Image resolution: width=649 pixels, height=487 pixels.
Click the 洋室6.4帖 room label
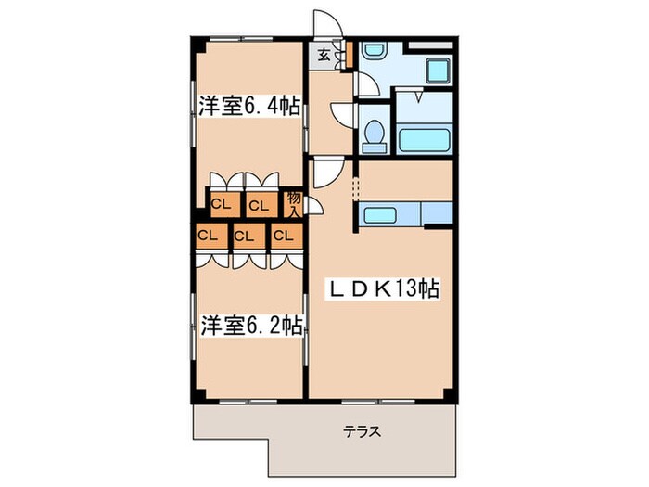[248, 107]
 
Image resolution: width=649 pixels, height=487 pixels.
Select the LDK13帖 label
[380, 289]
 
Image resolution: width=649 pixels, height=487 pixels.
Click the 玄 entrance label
[324, 55]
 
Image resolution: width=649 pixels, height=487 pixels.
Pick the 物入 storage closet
[294, 202]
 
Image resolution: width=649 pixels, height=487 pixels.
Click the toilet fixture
[375, 135]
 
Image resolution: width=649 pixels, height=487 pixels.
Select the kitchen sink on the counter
[383, 215]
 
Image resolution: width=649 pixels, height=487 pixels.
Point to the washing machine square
[435, 70]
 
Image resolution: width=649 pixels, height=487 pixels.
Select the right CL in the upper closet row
[260, 203]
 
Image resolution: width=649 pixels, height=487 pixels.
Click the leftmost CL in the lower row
[208, 235]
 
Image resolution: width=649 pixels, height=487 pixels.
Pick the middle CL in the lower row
[244, 235]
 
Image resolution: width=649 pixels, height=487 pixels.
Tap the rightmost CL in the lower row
[283, 235]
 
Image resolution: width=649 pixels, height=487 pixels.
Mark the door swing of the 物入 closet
[313, 208]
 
